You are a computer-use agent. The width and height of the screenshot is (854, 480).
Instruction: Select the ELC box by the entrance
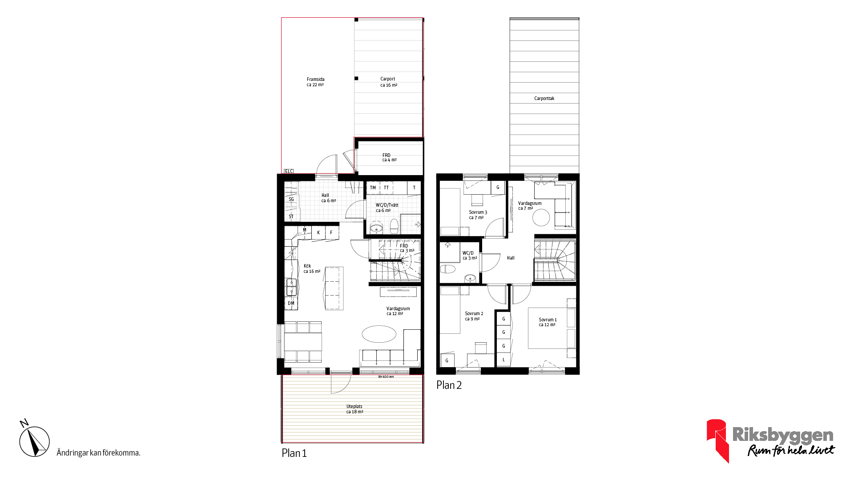coord(289,171)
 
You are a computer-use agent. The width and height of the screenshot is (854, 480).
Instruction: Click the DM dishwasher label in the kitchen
coord(291,303)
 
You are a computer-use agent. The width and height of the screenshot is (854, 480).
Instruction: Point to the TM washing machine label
coord(373,188)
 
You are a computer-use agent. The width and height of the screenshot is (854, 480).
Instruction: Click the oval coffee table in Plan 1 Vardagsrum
coord(379,334)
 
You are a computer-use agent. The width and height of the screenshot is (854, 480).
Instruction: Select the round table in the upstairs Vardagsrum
coord(541,217)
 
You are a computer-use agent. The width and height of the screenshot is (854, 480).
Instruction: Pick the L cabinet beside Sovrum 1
coord(504,360)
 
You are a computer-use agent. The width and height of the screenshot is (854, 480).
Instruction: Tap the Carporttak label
coord(544,98)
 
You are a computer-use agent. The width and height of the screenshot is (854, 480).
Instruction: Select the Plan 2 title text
coord(449,385)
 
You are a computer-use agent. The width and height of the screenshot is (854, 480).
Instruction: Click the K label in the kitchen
coord(318,232)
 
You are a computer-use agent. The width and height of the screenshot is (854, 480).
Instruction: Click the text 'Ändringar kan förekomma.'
coord(98,453)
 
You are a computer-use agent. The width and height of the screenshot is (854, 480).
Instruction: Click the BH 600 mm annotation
coord(386,377)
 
